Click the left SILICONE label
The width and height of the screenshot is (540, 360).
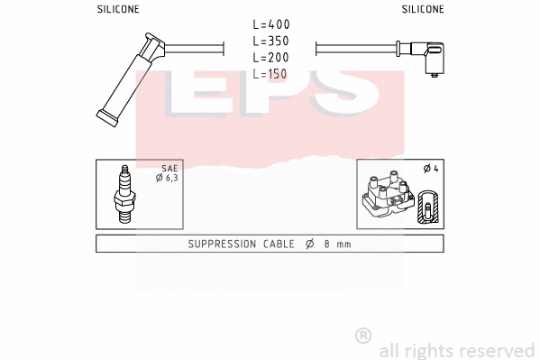[117, 9]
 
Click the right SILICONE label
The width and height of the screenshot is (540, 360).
[422, 9]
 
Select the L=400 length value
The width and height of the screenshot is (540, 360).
[270, 24]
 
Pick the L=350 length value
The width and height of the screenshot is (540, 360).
[270, 41]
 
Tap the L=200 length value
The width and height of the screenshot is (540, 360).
[270, 57]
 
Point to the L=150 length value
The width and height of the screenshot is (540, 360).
[270, 73]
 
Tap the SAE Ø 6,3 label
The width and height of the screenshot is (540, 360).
[169, 173]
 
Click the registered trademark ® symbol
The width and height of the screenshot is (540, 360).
[363, 336]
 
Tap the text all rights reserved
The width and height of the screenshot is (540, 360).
[456, 349]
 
